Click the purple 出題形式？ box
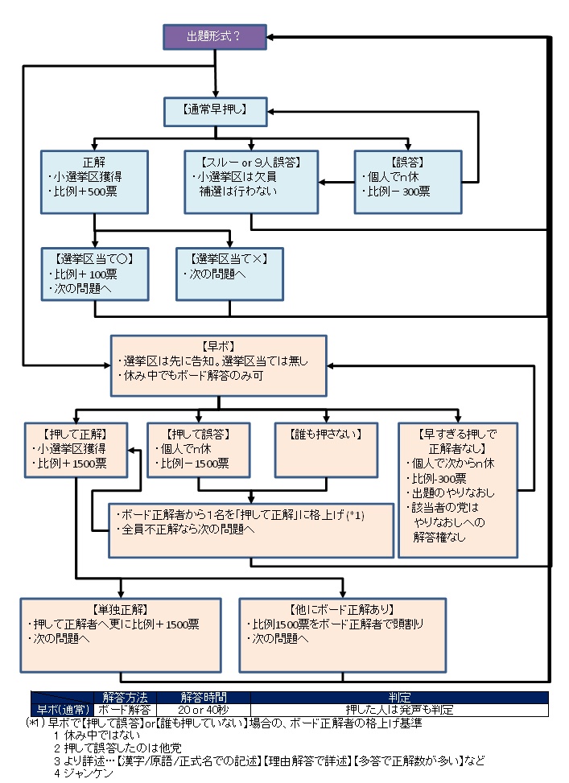(214, 37)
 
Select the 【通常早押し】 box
(215, 112)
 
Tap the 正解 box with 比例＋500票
(94, 182)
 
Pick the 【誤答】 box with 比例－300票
(408, 182)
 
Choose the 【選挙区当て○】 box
(94, 274)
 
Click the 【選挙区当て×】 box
(229, 274)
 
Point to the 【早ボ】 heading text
(218, 347)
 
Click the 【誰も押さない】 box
(326, 450)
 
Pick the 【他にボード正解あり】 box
(342, 635)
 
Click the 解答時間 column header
(204, 698)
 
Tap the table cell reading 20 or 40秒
(204, 710)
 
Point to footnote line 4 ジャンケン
(84, 773)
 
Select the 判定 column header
(399, 698)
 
